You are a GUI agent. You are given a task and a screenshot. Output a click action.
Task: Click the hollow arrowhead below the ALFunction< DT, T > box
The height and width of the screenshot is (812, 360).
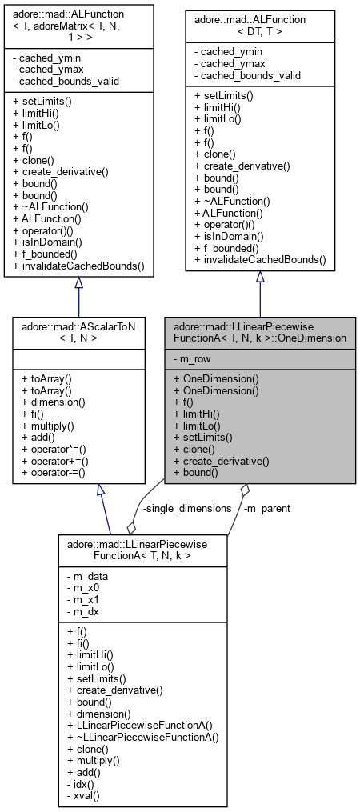tap(260, 277)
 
